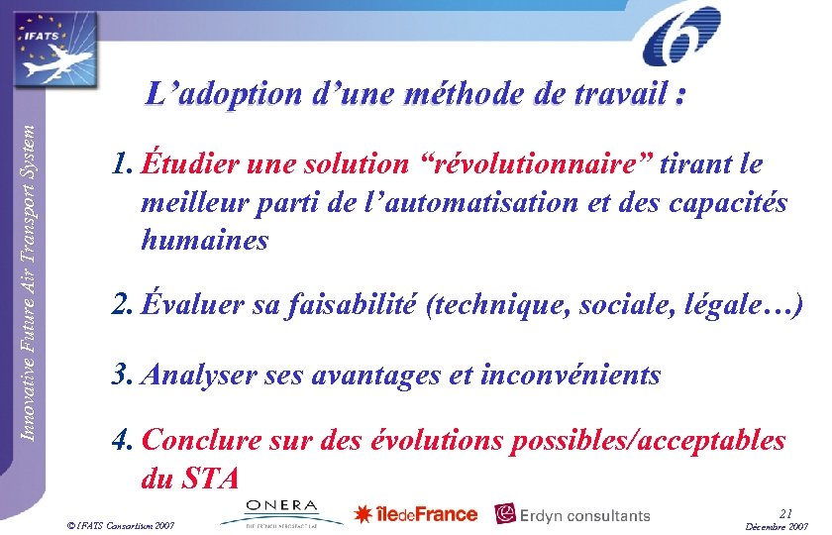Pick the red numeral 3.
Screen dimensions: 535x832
[x=122, y=374]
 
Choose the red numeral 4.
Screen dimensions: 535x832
[x=122, y=440]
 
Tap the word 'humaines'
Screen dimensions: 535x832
[x=205, y=240]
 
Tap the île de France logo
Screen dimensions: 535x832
[x=416, y=514]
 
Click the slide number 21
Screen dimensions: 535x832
[x=786, y=512]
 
